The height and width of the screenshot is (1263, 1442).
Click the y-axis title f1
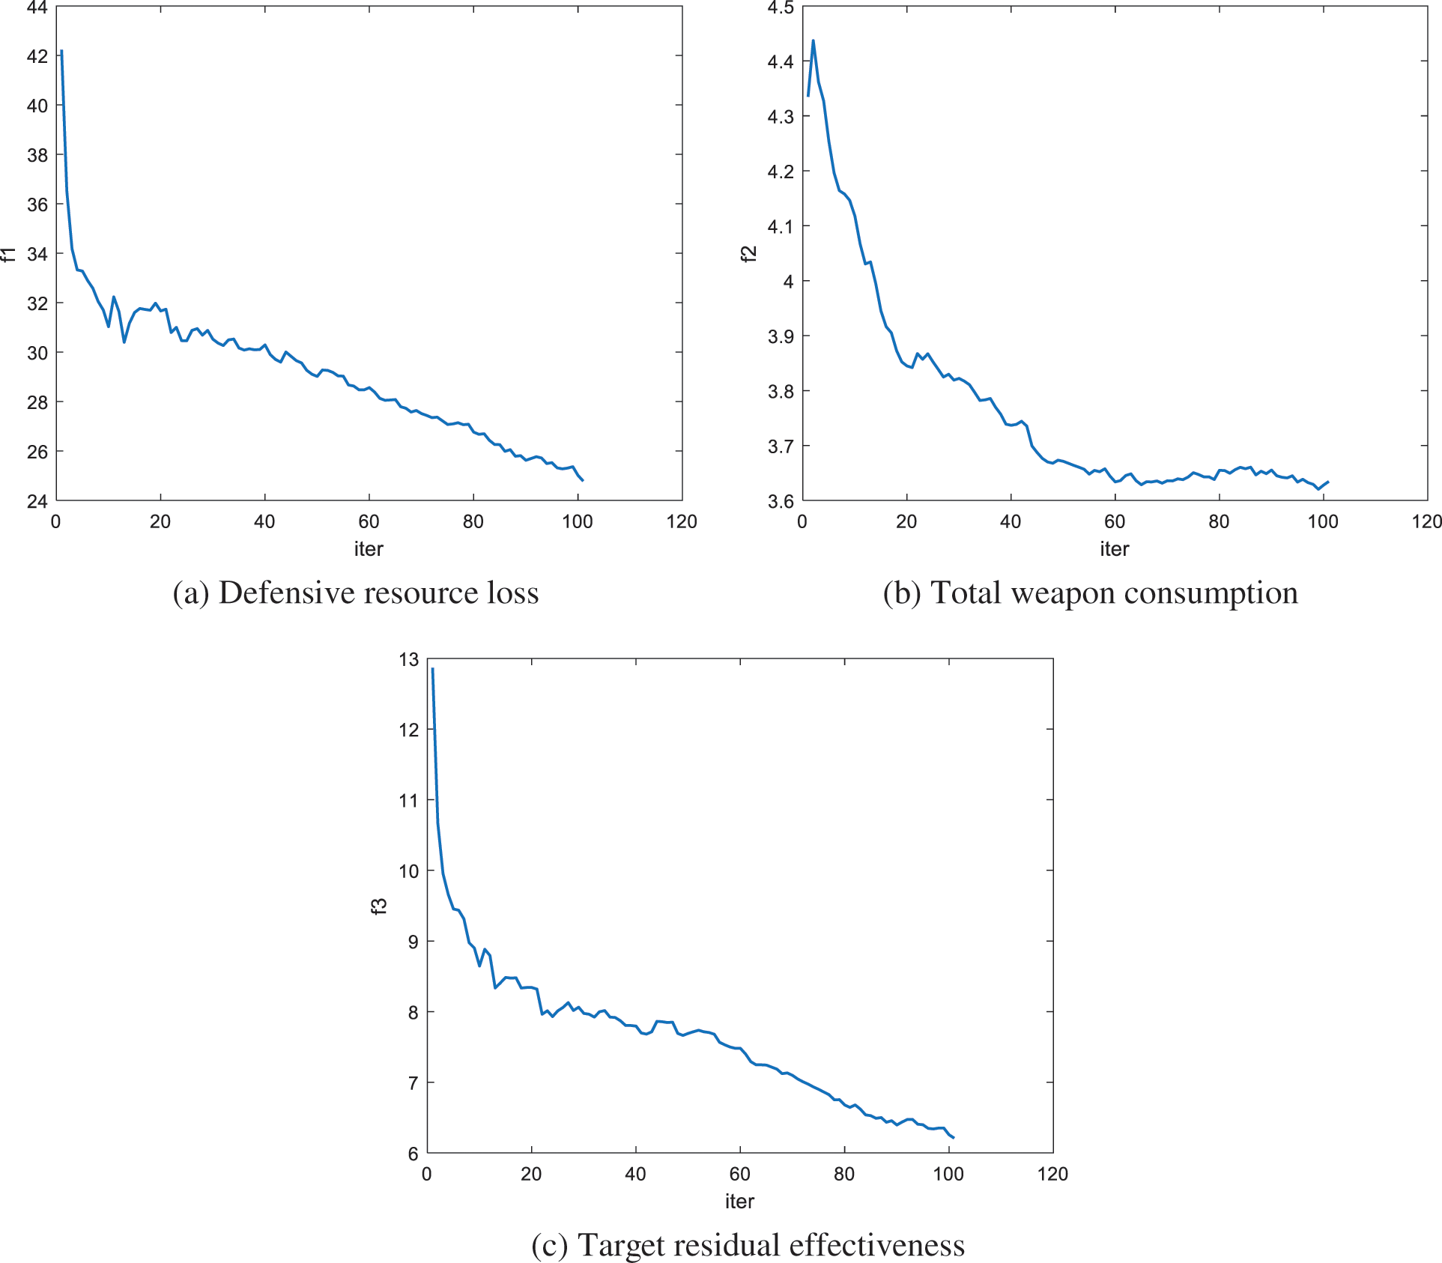point(8,254)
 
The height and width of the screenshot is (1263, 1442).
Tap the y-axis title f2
point(749,254)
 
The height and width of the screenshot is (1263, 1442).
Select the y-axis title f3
point(380,906)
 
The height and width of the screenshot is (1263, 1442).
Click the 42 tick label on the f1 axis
point(37,56)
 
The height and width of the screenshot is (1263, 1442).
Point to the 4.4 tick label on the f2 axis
point(781,61)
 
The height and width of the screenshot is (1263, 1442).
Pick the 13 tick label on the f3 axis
point(409,660)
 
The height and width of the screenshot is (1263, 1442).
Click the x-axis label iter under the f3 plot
point(739,1202)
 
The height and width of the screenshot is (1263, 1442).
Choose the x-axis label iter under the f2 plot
point(1114,549)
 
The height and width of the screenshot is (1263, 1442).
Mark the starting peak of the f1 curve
point(61,51)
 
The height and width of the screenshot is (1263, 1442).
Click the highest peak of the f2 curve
point(814,40)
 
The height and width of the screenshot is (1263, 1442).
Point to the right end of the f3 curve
point(954,1138)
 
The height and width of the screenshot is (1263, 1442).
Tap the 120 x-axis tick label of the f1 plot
point(681,522)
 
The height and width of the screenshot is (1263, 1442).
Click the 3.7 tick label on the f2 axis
point(781,446)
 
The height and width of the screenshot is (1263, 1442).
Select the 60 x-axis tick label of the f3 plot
point(739,1174)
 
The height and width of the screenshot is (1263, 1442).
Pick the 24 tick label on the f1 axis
point(37,501)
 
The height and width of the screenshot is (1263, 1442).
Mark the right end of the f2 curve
point(1328,482)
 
